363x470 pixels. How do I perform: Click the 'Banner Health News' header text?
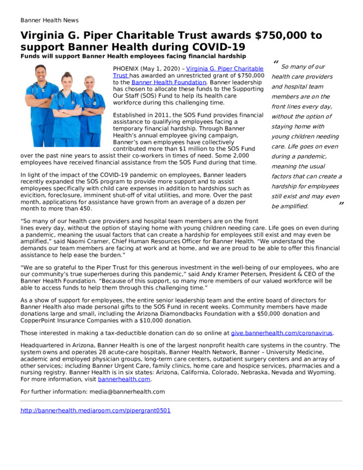[x=49, y=20]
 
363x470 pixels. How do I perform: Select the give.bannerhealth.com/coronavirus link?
[x=281, y=333]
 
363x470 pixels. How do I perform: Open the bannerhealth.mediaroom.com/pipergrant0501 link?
[x=95, y=410]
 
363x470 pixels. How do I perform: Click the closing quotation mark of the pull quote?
[x=341, y=204]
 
